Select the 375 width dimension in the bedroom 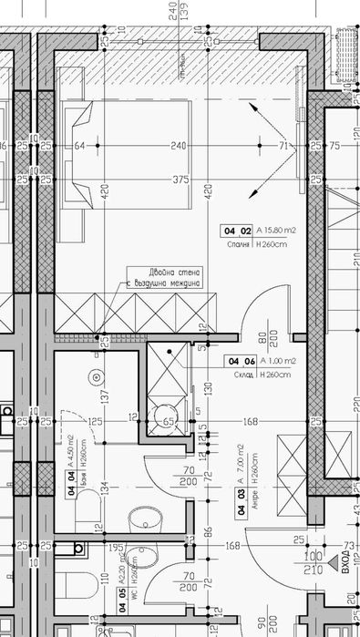pos(180,180)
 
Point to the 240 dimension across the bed pos(180,146)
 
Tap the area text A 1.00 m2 pos(278,361)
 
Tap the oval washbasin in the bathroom pos(144,519)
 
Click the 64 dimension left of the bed pos(79,146)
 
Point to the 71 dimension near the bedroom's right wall pos(283,146)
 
